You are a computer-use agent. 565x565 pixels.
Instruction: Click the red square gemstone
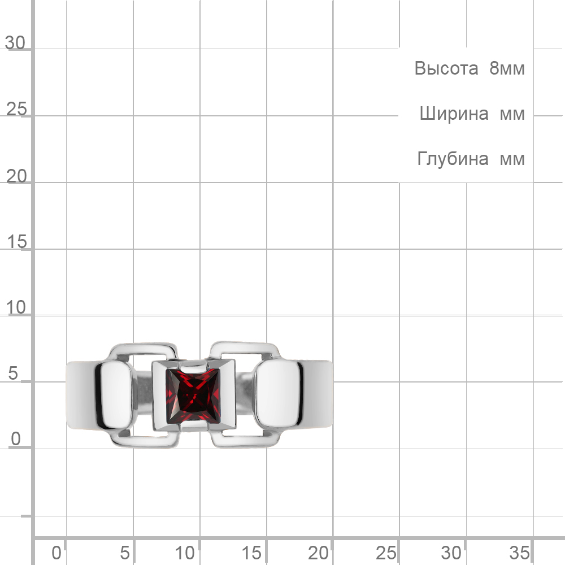pyautogui.click(x=193, y=395)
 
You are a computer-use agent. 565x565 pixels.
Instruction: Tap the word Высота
pyautogui.click(x=446, y=68)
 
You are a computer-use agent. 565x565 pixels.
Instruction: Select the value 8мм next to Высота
pyautogui.click(x=507, y=68)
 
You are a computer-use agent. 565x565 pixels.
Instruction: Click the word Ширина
pyautogui.click(x=454, y=114)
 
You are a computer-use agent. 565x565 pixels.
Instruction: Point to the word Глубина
pyautogui.click(x=453, y=159)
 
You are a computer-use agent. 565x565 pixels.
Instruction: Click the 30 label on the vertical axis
pyautogui.click(x=15, y=43)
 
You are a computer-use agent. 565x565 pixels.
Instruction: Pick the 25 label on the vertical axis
pyautogui.click(x=16, y=109)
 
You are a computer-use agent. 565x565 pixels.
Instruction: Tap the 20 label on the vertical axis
pyautogui.click(x=16, y=176)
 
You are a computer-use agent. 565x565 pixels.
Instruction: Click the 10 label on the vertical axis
pyautogui.click(x=16, y=307)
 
